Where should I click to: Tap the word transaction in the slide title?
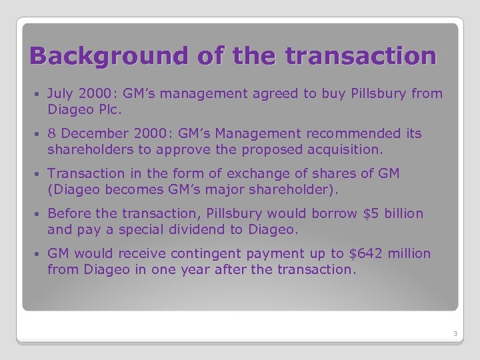360,55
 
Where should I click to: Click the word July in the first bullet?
61,94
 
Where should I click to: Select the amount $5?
369,214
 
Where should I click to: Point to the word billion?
403,214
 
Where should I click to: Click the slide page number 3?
453,333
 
